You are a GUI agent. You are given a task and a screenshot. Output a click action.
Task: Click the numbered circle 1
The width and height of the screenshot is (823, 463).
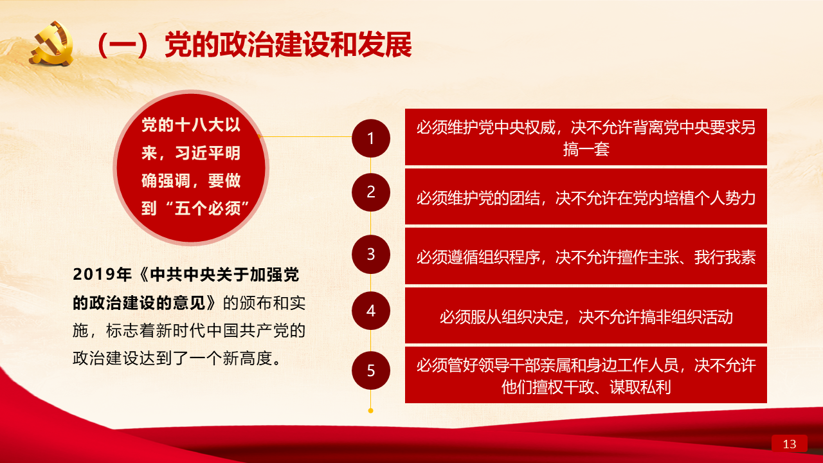click(x=371, y=138)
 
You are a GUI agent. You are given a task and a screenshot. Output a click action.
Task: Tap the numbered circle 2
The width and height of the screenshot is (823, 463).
click(x=371, y=192)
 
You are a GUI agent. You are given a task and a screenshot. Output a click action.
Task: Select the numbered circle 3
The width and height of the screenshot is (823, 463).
click(x=371, y=254)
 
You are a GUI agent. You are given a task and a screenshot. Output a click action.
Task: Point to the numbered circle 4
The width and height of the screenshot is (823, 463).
click(x=371, y=311)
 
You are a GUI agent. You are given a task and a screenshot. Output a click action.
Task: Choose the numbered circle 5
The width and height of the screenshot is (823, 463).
click(x=371, y=370)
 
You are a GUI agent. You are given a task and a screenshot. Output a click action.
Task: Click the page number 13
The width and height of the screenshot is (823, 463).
click(x=789, y=444)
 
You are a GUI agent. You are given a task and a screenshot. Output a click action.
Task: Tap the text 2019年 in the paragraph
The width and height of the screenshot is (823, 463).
click(x=102, y=275)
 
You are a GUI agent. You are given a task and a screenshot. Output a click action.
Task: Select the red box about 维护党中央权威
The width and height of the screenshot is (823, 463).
click(x=586, y=137)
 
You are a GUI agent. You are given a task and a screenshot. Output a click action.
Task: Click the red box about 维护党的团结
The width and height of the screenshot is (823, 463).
click(x=586, y=196)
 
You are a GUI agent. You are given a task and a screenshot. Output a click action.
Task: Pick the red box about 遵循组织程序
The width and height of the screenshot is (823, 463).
click(x=586, y=256)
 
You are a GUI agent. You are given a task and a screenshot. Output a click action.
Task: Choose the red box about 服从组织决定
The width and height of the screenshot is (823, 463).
click(x=586, y=316)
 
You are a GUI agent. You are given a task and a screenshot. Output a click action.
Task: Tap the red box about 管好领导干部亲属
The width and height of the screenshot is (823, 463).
click(x=586, y=375)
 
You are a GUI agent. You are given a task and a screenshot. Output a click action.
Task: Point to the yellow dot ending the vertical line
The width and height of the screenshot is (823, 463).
click(x=371, y=410)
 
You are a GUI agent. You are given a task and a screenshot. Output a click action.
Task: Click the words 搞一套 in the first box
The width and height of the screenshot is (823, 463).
click(x=586, y=149)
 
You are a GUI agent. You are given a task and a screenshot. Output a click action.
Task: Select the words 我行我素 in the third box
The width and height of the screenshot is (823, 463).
click(x=725, y=257)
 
